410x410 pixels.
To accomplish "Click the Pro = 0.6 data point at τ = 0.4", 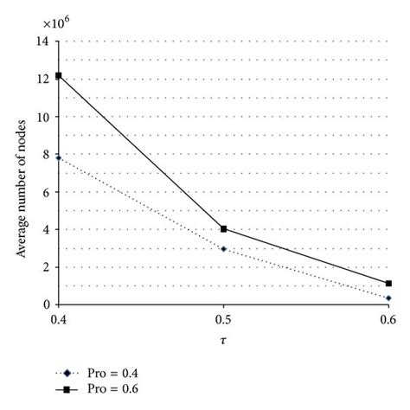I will (x=58, y=76).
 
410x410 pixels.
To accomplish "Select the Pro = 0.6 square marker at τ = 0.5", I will (x=223, y=229).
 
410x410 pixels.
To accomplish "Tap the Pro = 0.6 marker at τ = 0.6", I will (x=388, y=283).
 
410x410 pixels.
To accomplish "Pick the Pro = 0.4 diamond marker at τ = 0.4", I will (x=58, y=157).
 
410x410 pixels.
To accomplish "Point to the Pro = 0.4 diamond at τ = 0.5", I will (x=223, y=249).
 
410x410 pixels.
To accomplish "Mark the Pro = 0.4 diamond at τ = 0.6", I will (x=388, y=298).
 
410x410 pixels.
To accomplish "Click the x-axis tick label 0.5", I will (x=223, y=319).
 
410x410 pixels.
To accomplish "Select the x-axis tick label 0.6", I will (x=388, y=319).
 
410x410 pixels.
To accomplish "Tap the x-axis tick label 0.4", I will (x=58, y=319).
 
